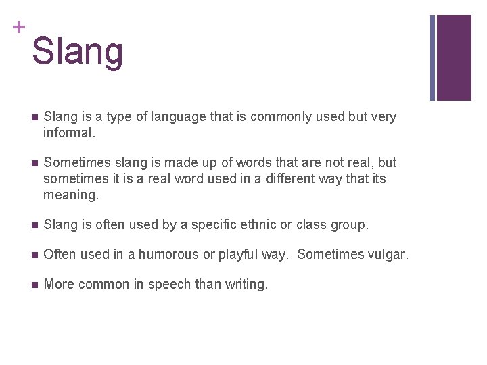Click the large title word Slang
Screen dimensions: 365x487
pos(77,51)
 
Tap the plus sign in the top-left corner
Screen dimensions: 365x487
pos(18,27)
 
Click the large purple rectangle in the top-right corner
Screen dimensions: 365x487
pos(454,57)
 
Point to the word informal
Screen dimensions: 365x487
pos(68,132)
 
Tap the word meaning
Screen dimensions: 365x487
pos(70,195)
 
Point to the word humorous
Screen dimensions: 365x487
pos(165,254)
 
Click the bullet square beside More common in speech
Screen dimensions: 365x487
pos(34,285)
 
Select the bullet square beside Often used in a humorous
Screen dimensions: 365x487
pos(34,255)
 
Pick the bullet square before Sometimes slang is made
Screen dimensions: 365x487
pos(34,163)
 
